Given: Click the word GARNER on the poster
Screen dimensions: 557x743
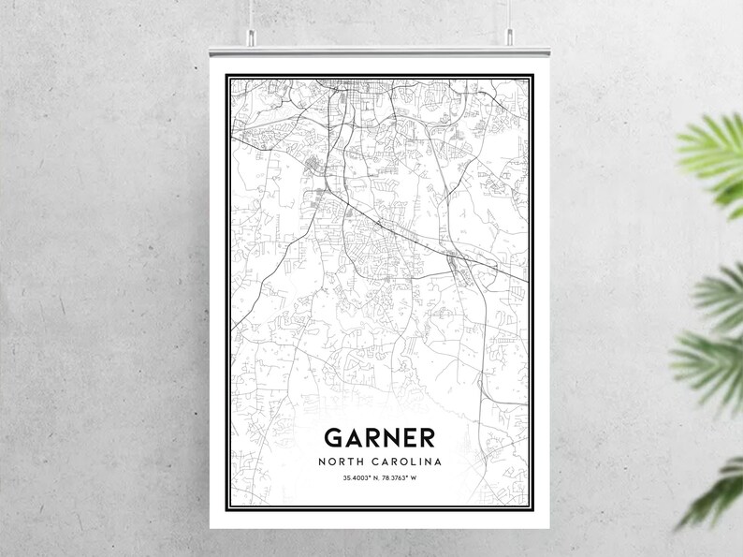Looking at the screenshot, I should [380, 438].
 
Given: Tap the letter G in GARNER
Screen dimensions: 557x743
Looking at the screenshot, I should [333, 438].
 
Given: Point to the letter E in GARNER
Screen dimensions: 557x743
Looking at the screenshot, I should [408, 438].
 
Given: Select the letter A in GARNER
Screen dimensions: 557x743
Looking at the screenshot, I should [353, 438].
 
